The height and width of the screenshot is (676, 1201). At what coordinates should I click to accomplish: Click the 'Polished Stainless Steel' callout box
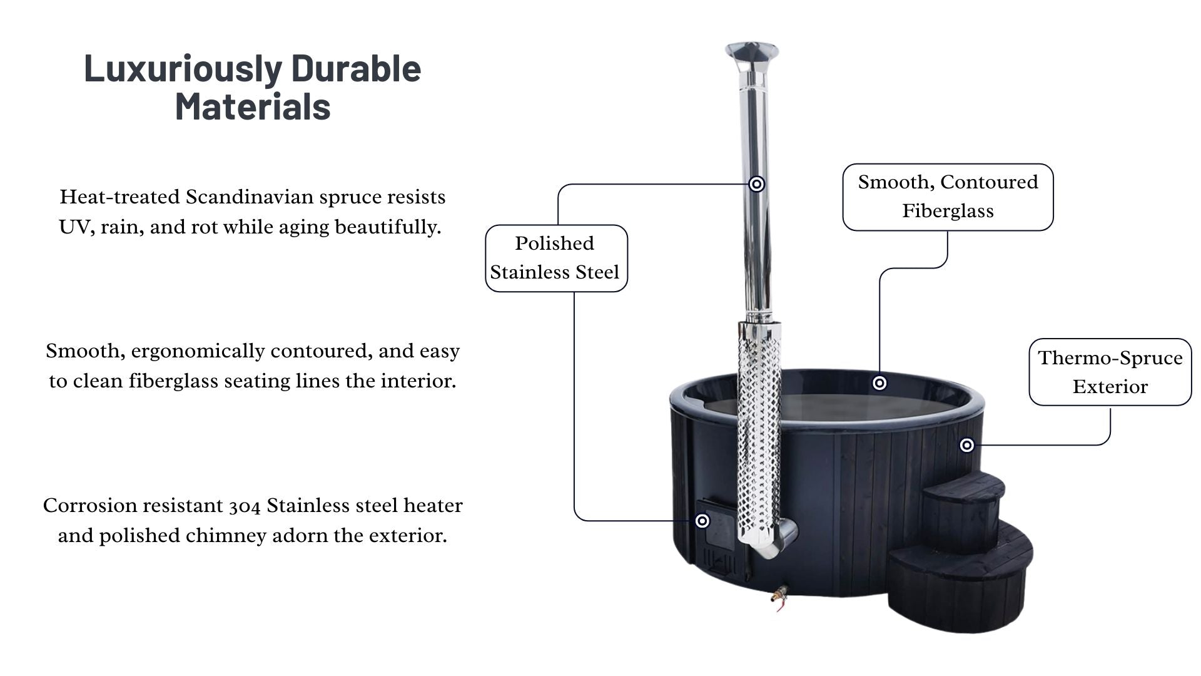[556, 258]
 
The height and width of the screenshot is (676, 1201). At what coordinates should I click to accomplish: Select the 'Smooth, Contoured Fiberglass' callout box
[948, 197]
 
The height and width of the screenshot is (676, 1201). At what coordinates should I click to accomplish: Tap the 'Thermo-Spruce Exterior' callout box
[1110, 372]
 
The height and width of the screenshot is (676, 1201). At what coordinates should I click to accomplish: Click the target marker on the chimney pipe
[757, 184]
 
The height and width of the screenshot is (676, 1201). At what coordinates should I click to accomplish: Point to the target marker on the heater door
[702, 521]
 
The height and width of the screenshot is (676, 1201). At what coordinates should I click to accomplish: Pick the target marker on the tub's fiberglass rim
[879, 383]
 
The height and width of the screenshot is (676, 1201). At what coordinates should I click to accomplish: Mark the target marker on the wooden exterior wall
[967, 445]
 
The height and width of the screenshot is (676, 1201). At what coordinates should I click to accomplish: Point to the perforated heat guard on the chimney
[759, 432]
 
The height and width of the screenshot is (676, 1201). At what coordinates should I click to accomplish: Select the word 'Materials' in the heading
[253, 106]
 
